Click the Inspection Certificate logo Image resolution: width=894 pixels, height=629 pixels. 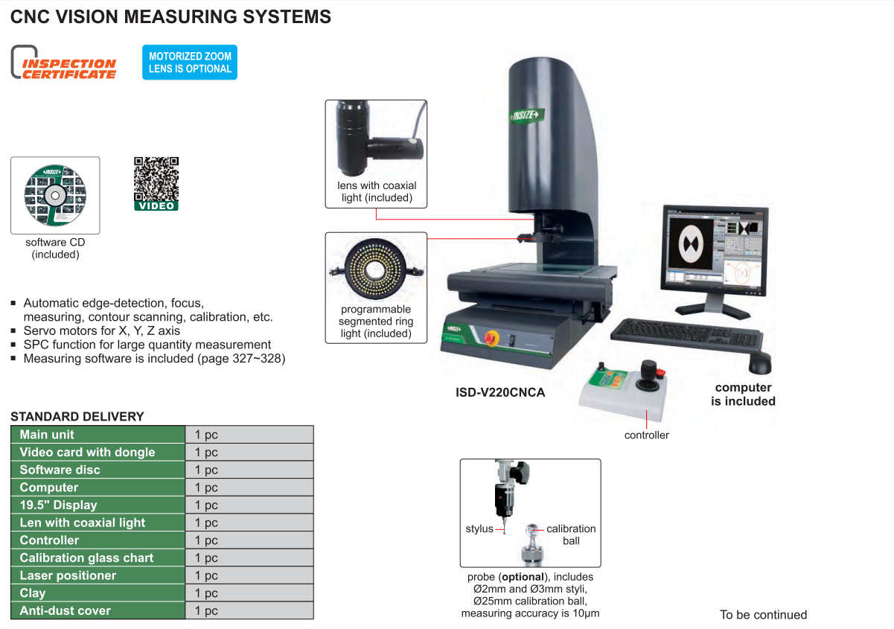(64, 63)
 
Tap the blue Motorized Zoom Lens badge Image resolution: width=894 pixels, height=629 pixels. (190, 63)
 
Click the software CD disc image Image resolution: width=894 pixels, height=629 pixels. (54, 195)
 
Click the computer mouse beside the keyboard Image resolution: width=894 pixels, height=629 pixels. (759, 363)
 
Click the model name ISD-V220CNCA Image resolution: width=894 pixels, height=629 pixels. (500, 392)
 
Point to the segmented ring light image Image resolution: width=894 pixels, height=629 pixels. (376, 269)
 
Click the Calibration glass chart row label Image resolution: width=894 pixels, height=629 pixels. (86, 558)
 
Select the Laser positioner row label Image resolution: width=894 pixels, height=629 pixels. (68, 575)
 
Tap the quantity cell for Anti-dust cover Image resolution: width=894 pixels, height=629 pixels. (249, 610)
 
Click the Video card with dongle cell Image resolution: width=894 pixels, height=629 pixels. (87, 452)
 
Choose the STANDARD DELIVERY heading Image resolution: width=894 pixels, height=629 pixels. (77, 417)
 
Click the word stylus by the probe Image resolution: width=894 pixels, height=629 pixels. (479, 529)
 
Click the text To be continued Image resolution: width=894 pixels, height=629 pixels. (763, 615)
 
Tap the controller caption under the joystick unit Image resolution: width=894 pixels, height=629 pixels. (646, 435)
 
